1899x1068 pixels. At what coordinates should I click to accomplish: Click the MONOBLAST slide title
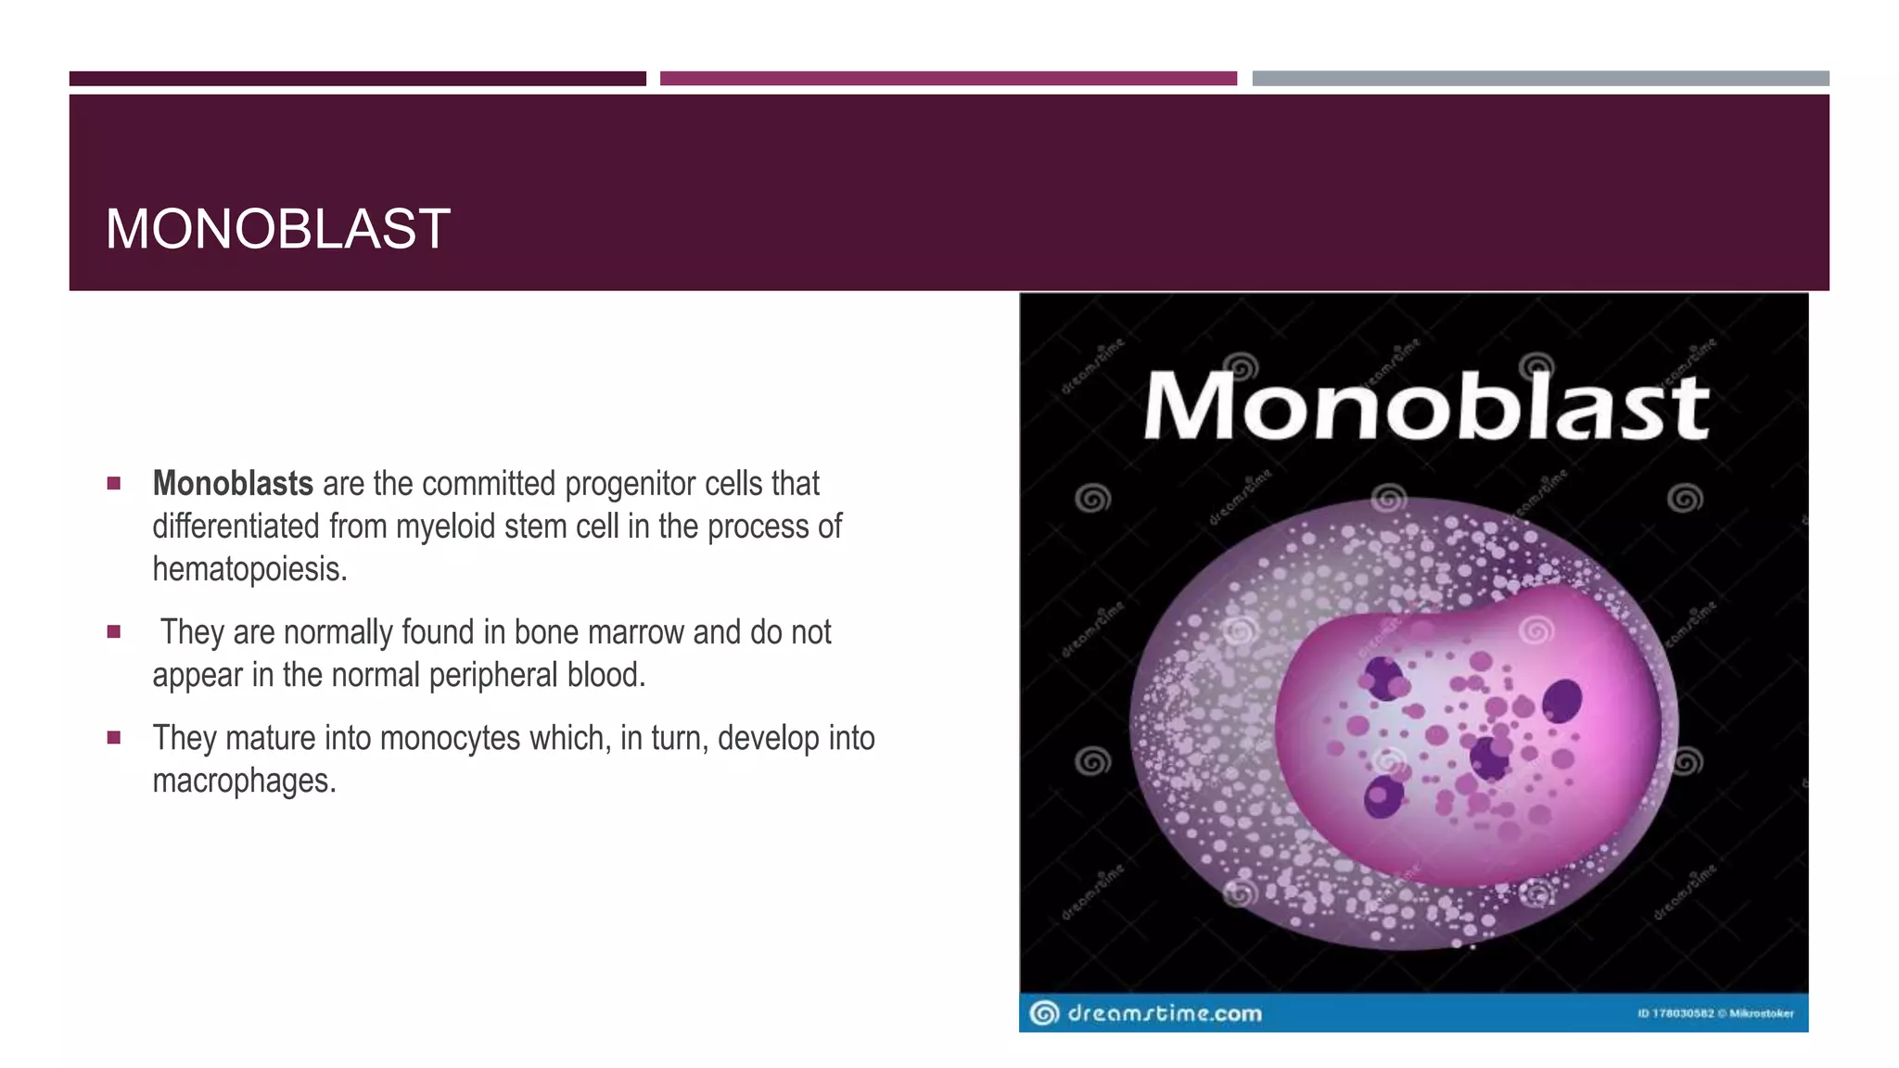click(x=277, y=229)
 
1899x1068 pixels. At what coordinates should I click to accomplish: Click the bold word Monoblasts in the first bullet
click(x=233, y=484)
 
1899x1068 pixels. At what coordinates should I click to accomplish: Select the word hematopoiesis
click(x=248, y=569)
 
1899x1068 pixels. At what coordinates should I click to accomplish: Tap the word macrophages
click(x=242, y=781)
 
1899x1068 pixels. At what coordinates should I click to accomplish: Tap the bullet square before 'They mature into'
click(x=114, y=738)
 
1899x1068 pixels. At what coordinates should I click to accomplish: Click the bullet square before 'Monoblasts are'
click(x=114, y=483)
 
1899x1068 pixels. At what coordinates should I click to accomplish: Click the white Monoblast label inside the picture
click(x=1425, y=406)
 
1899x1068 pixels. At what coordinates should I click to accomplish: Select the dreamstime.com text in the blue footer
click(x=1165, y=1013)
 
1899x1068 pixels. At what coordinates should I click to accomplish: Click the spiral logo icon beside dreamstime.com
click(x=1044, y=1013)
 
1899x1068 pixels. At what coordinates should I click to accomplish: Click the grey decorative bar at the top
click(x=1540, y=79)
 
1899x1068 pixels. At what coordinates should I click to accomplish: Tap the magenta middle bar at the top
click(x=948, y=79)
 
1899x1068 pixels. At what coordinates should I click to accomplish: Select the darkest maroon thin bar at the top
click(x=357, y=79)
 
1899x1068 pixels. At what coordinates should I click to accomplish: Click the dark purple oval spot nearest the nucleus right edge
click(x=1562, y=700)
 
